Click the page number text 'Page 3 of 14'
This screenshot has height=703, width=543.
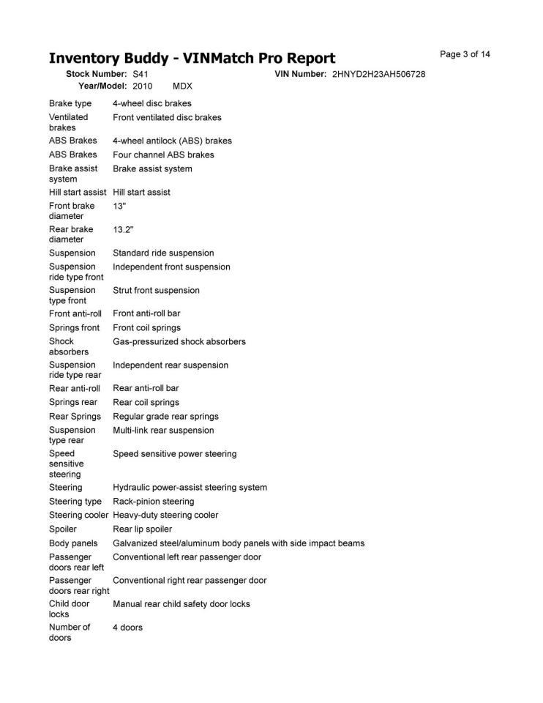pos(465,54)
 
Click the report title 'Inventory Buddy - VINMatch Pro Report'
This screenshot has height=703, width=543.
pos(192,59)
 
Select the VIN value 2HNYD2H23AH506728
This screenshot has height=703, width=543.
pos(378,75)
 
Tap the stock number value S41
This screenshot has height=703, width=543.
pos(141,75)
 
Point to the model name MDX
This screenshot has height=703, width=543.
pos(182,86)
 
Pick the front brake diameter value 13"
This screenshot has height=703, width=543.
pos(119,206)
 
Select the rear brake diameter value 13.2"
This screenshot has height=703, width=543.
pos(123,229)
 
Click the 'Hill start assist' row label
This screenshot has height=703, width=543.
pos(78,192)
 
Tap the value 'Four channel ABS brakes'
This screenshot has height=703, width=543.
pos(163,155)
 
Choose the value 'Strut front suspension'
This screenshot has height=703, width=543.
pos(156,290)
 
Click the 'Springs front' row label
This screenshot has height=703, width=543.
pos(74,327)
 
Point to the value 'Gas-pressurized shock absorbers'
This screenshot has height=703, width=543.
pos(179,341)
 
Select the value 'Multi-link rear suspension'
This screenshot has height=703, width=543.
pos(163,430)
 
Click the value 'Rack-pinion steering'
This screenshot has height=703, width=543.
pos(154,502)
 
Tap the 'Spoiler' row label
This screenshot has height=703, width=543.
pos(63,529)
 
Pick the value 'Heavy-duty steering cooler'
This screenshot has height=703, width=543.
pos(165,515)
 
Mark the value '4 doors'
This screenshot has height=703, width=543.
pos(127,628)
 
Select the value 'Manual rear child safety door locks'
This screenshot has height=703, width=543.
pos(181,604)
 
